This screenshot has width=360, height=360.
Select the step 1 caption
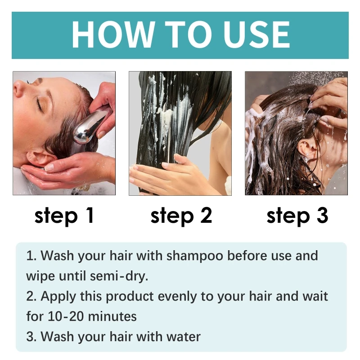tap(64, 216)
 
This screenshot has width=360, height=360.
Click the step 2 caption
tap(180, 216)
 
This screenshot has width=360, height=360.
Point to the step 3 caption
tap(297, 216)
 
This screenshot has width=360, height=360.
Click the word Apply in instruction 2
tap(56, 296)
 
